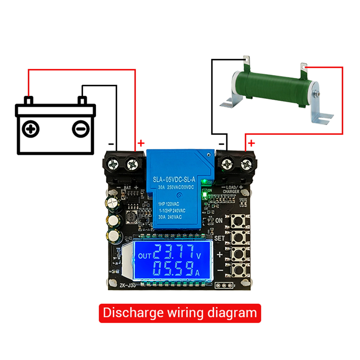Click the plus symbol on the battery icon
[31, 128]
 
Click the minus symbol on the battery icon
[80, 128]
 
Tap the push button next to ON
[239, 220]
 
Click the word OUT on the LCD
[145, 256]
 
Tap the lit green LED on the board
[205, 195]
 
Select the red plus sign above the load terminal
[251, 144]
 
